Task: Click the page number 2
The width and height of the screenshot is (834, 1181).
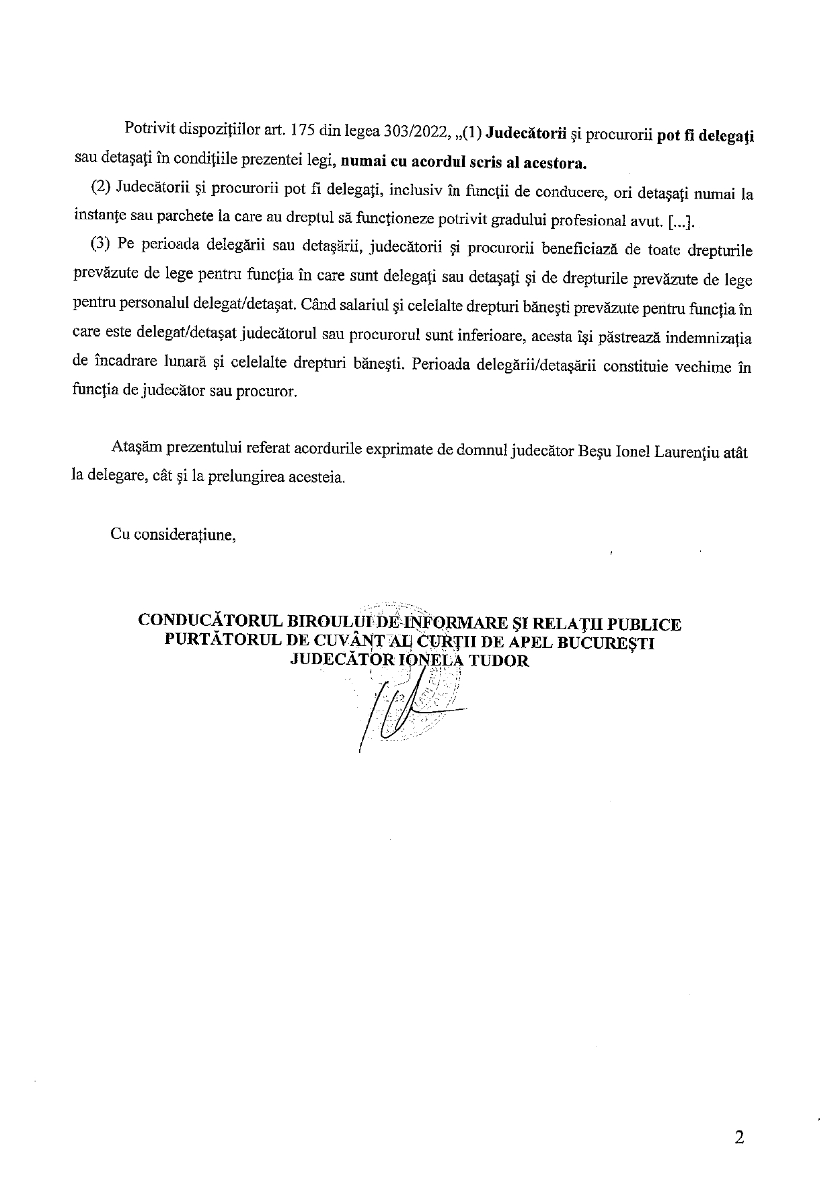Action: [x=740, y=1138]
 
